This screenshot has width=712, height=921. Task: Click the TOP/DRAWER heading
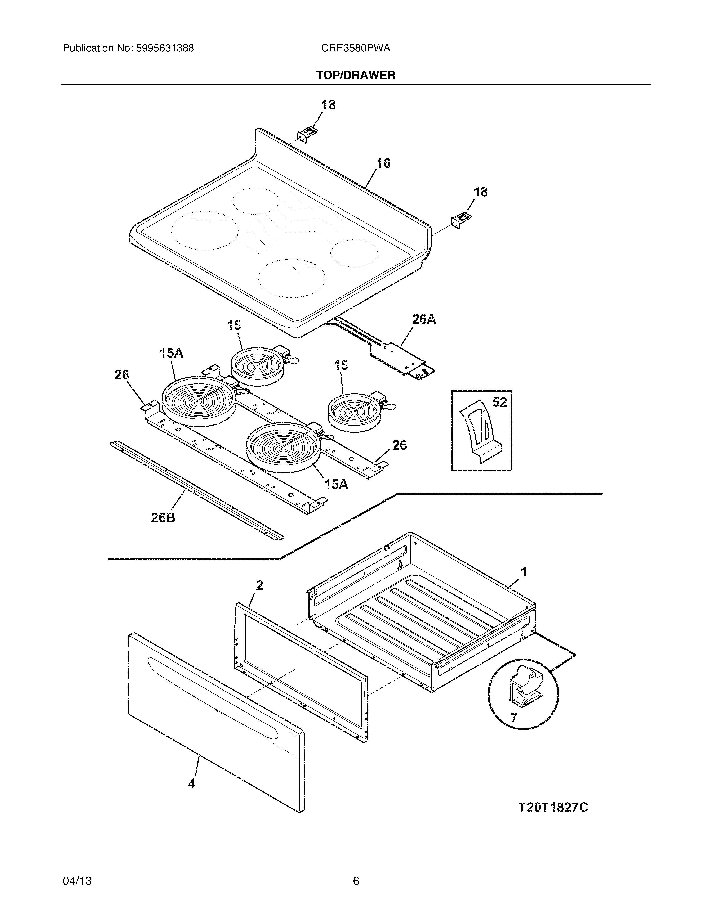[356, 76]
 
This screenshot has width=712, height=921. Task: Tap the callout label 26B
[163, 517]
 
